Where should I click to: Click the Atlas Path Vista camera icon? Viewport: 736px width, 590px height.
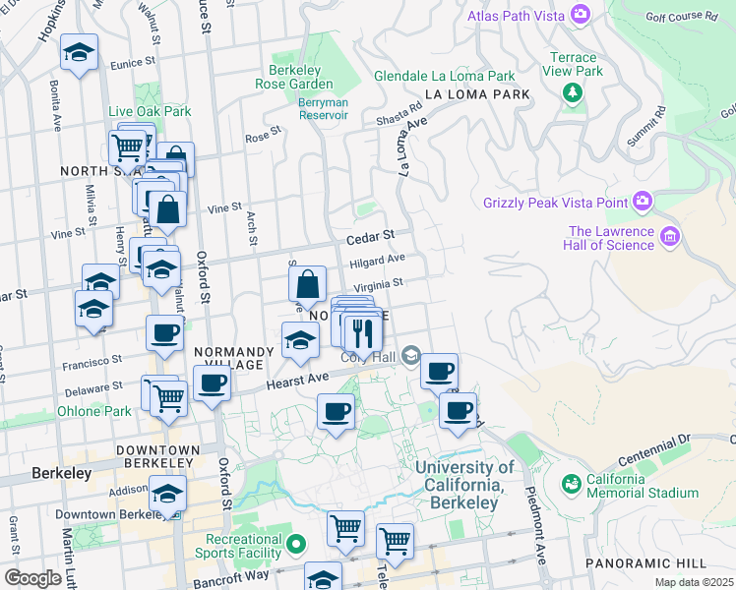coord(581,14)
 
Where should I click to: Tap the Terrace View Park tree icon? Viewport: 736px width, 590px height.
coord(572,92)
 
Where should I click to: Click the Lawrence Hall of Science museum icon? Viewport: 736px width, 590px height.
coord(671,236)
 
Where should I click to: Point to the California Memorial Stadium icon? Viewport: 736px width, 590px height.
coord(571,484)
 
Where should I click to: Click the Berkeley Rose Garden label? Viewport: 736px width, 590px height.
coord(301,77)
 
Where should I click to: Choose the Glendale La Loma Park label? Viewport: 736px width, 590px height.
coord(445,76)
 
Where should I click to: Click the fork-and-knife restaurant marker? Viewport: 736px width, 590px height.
coord(363,334)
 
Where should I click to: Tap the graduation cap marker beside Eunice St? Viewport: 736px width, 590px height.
coord(79,54)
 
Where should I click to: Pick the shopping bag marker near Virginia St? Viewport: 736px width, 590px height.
coord(308,284)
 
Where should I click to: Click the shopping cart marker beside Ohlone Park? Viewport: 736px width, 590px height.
coord(169,398)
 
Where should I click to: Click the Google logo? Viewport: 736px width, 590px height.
coord(31,578)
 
